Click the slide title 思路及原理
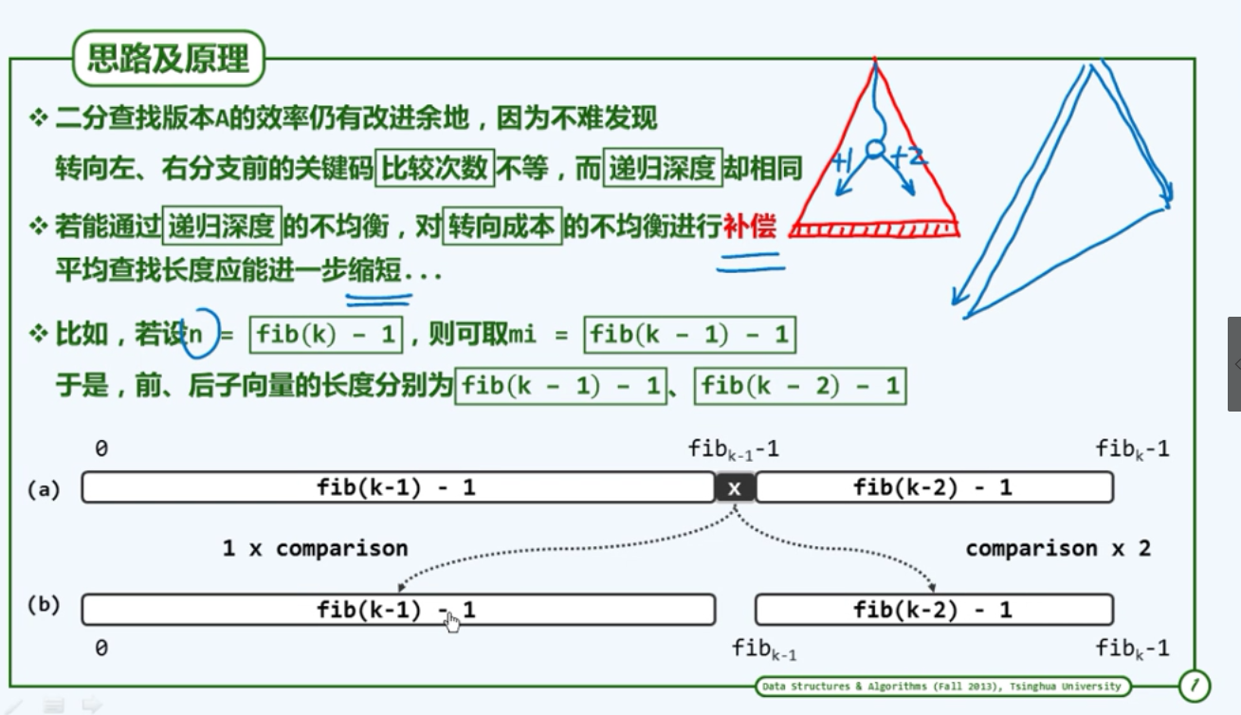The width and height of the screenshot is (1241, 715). tap(168, 60)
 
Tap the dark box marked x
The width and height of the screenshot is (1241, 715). tap(735, 488)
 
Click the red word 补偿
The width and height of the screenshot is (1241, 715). tap(749, 227)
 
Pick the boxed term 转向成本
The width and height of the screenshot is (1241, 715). tap(503, 227)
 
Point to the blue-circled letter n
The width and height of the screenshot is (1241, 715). tap(197, 334)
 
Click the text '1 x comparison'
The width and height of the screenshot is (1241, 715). tap(315, 548)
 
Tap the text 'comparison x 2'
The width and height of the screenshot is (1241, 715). tap(1058, 548)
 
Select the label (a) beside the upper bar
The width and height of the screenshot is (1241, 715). tap(44, 489)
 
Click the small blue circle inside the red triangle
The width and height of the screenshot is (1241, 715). tap(875, 150)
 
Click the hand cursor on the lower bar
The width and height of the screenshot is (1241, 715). tap(452, 621)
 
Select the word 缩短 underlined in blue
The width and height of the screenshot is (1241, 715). tap(375, 271)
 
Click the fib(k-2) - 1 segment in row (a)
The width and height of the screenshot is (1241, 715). tap(933, 488)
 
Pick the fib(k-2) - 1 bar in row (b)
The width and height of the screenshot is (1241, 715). tap(933, 610)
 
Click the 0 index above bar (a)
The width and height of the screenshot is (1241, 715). tap(100, 449)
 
